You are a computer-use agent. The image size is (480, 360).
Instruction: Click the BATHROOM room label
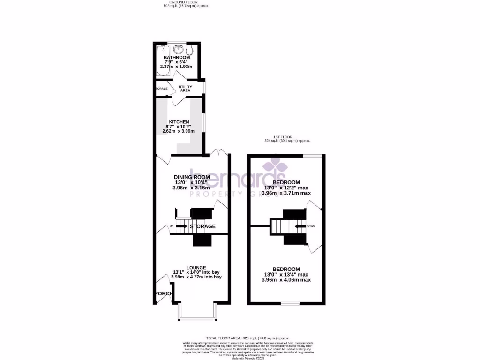[x=177, y=57]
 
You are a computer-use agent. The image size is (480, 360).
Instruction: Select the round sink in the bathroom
[x=178, y=49]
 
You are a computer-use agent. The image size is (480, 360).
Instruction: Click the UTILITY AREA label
[x=186, y=88]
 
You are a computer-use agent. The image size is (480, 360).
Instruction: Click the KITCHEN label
[x=179, y=122]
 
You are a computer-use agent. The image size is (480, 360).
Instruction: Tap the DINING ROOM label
[x=192, y=177]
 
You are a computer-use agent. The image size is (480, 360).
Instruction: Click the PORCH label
[x=164, y=294]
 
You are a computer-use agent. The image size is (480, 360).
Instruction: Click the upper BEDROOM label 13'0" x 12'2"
[x=286, y=182]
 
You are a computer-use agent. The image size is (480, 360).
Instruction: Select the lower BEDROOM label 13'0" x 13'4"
[x=286, y=269]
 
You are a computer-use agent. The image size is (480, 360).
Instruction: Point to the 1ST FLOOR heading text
[x=287, y=137]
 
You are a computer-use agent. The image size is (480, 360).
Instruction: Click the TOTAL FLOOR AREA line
[x=247, y=338]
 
